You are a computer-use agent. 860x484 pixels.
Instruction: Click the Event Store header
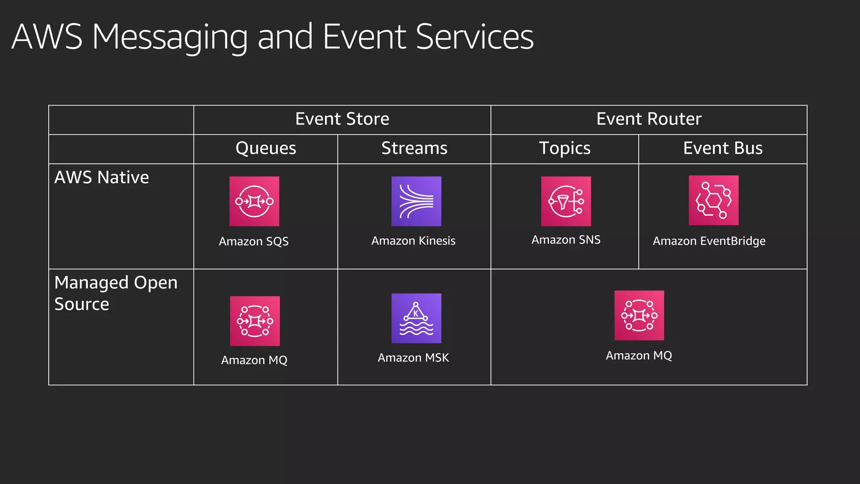(x=342, y=119)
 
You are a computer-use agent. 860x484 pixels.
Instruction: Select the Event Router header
(x=649, y=119)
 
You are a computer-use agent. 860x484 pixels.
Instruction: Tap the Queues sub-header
(x=266, y=148)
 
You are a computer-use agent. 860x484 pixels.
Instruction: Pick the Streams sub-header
(x=414, y=148)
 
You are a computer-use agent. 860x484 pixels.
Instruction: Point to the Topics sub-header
(x=565, y=148)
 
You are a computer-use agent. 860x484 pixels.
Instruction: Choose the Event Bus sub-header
(x=723, y=148)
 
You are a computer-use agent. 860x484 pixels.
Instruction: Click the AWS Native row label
(x=102, y=177)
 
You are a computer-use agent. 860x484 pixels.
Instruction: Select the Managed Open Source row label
(x=116, y=293)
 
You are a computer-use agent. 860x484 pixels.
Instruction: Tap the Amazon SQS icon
(x=254, y=201)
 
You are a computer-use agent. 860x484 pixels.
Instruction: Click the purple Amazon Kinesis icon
(x=416, y=201)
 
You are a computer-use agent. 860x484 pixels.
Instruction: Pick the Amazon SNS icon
(x=566, y=201)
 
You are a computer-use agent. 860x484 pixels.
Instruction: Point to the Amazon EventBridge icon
(x=713, y=200)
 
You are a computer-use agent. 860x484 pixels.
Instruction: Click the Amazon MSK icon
(x=416, y=318)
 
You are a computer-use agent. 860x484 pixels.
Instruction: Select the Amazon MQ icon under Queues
(x=255, y=321)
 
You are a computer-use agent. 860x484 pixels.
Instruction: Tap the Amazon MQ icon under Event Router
(x=639, y=315)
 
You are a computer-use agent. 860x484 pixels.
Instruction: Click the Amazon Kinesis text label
(x=413, y=241)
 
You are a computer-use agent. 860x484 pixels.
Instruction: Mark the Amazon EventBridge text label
(x=709, y=241)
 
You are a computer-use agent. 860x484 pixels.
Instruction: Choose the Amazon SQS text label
(x=254, y=242)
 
